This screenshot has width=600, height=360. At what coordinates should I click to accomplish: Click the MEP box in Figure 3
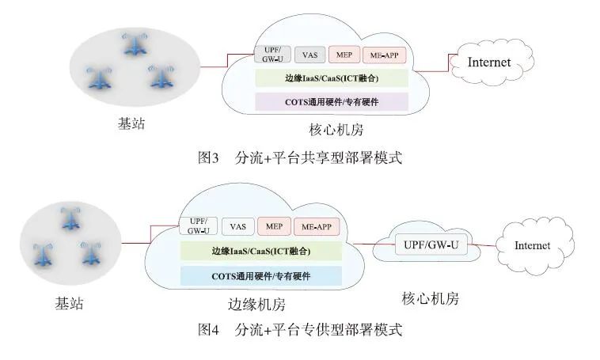(344, 55)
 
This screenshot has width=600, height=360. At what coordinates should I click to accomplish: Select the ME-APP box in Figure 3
(385, 55)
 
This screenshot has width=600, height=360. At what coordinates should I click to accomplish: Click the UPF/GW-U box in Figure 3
(268, 54)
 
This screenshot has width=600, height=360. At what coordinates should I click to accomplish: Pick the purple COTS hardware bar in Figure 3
(331, 101)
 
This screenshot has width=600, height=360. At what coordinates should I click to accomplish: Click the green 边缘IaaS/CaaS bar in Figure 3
(331, 78)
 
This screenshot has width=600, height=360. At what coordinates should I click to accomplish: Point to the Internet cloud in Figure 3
(489, 62)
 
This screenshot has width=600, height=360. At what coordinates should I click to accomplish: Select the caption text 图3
(207, 157)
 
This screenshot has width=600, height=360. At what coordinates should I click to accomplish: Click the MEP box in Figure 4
(275, 226)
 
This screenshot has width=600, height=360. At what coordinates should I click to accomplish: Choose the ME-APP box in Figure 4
(316, 226)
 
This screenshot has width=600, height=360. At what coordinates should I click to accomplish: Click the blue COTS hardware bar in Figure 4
(260, 275)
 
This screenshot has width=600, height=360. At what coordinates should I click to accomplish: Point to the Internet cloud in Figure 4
(532, 245)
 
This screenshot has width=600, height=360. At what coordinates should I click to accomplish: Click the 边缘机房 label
(250, 304)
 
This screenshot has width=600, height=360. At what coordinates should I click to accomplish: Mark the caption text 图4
(207, 329)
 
